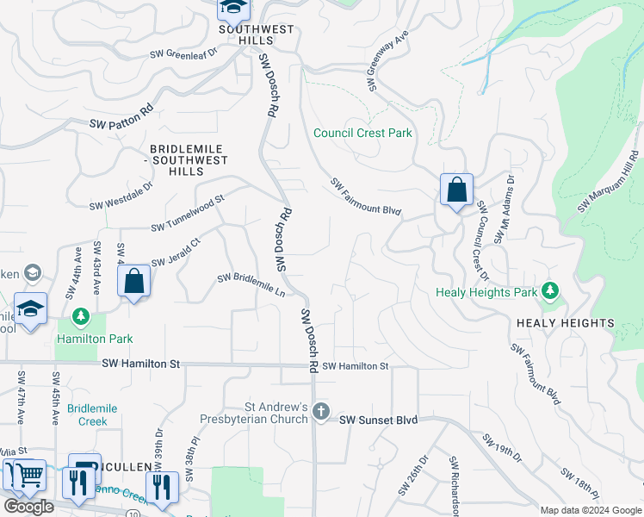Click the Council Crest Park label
362,133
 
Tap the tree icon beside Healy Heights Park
551,292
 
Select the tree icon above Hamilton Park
80,318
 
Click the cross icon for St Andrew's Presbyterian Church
321,411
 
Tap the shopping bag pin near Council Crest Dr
456,190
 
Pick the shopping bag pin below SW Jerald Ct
134,281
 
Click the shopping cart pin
25,475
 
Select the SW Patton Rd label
121,117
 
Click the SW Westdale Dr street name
121,195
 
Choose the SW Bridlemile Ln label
251,285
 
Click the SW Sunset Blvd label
378,420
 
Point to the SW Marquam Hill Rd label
610,181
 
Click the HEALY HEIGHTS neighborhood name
566,323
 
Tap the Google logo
28,507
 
